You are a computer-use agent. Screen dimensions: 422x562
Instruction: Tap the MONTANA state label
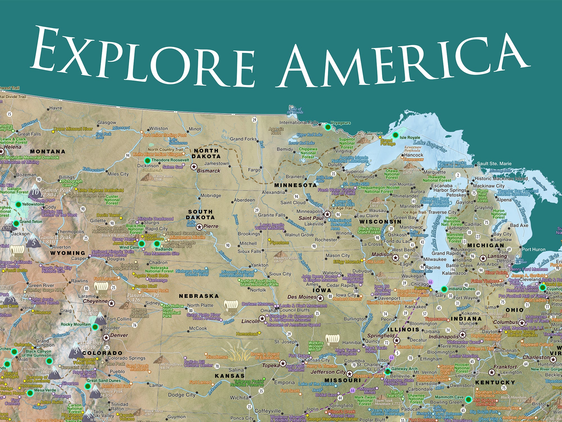tap(47, 152)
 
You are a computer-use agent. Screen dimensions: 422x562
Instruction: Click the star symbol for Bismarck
tap(194, 167)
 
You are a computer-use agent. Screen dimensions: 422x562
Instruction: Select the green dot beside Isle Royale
tap(395, 135)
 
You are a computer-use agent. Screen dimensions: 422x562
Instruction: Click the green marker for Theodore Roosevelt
tap(147, 161)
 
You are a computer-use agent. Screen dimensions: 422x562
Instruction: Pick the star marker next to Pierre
tap(199, 227)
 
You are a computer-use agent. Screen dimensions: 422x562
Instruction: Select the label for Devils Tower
tap(108, 215)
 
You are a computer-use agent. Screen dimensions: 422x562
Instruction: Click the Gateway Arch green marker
tap(387, 371)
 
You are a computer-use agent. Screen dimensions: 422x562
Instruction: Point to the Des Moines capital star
tap(320, 298)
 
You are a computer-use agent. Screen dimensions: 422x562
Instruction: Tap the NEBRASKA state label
tap(199, 296)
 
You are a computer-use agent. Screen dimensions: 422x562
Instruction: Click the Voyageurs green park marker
tap(328, 127)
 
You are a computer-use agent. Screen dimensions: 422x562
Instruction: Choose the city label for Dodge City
tap(182, 395)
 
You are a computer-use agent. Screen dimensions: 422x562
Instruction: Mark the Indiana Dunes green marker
tap(444, 289)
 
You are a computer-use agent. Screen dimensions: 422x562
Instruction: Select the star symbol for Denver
tap(106, 338)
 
